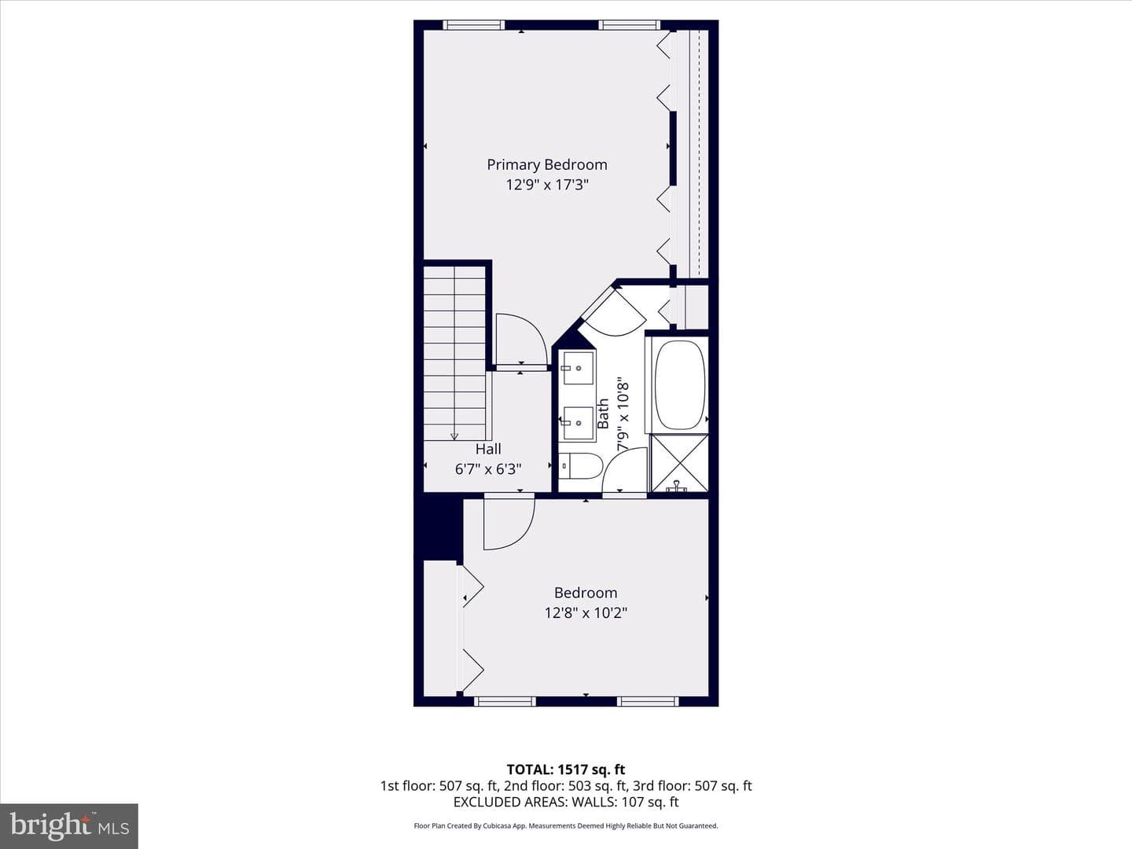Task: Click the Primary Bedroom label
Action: [546, 165]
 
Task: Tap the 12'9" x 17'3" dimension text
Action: [546, 185]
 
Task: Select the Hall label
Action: [488, 449]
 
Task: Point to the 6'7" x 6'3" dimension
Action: [488, 469]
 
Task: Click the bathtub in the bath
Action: [681, 384]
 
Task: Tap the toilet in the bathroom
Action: [581, 465]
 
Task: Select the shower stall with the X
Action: [680, 463]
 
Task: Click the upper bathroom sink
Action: [578, 368]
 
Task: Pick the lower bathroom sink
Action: [578, 423]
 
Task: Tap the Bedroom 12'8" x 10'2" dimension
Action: [586, 613]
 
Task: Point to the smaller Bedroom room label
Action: [586, 593]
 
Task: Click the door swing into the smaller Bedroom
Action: [509, 522]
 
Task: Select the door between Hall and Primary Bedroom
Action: [521, 340]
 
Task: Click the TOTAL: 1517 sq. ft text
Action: [566, 770]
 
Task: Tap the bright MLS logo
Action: [69, 825]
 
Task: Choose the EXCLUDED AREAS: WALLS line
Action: [566, 802]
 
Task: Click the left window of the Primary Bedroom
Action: [473, 24]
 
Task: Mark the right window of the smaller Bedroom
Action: [648, 701]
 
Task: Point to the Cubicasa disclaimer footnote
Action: [566, 825]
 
